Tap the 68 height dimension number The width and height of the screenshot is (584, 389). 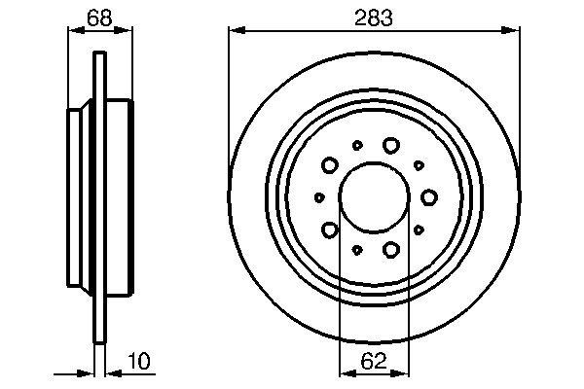point(98,17)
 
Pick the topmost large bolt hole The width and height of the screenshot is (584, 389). point(391,145)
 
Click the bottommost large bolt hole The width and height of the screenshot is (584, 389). point(391,250)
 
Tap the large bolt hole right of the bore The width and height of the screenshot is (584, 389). point(428,197)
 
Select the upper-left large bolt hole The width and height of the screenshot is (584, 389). point(330,164)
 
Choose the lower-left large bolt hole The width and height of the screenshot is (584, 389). point(330,230)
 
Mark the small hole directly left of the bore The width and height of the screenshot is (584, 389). point(319,197)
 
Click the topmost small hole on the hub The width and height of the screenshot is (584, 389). point(357,145)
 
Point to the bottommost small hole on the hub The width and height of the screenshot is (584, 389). point(357,250)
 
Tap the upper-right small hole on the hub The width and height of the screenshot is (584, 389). point(419,164)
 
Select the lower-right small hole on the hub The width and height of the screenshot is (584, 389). point(419,230)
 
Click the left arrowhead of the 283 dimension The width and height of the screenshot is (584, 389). point(235,33)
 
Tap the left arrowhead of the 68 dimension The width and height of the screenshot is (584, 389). point(71,33)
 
